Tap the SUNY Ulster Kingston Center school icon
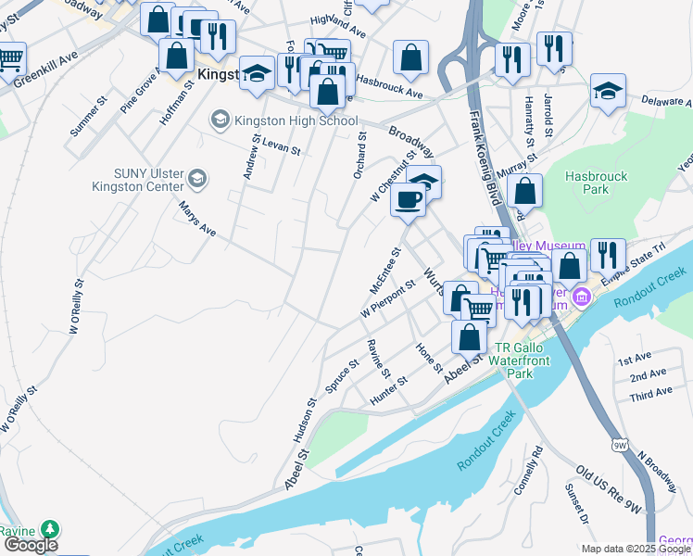[x=197, y=177]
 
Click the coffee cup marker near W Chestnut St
[x=408, y=198]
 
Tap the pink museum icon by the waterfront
[x=582, y=297]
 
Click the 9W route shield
[x=620, y=446]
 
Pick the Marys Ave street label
[x=197, y=219]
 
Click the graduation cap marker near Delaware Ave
[x=608, y=91]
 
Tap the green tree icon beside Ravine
[x=48, y=529]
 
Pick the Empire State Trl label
[x=646, y=262]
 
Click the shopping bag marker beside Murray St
[x=524, y=190]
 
